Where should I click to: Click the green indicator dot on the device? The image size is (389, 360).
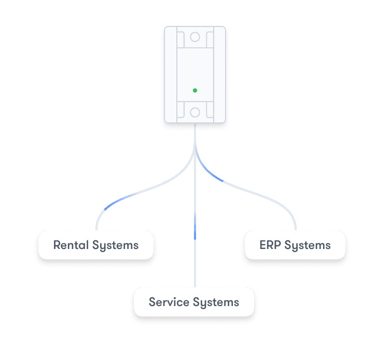(195, 90)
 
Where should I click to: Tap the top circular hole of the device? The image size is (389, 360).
(195, 37)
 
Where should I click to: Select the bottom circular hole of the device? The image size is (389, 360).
(195, 112)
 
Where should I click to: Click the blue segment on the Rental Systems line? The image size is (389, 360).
(113, 203)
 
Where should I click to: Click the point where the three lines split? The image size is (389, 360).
(195, 150)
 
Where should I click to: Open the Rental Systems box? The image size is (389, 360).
(96, 245)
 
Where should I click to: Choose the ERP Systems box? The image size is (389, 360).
(295, 245)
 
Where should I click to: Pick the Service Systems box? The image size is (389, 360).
(194, 302)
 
